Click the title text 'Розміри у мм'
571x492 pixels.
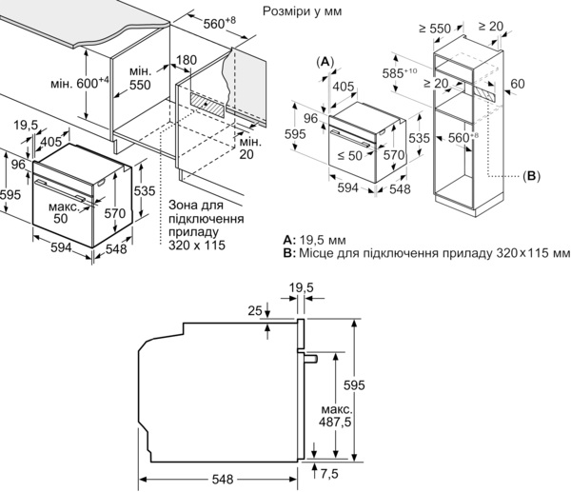tap(301, 10)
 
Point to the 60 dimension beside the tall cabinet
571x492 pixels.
tap(518, 84)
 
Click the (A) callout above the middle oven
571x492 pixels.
tap(325, 61)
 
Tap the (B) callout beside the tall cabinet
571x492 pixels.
tap(530, 176)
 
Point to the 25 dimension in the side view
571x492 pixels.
tap(253, 310)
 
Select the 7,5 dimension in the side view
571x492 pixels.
tap(330, 472)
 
